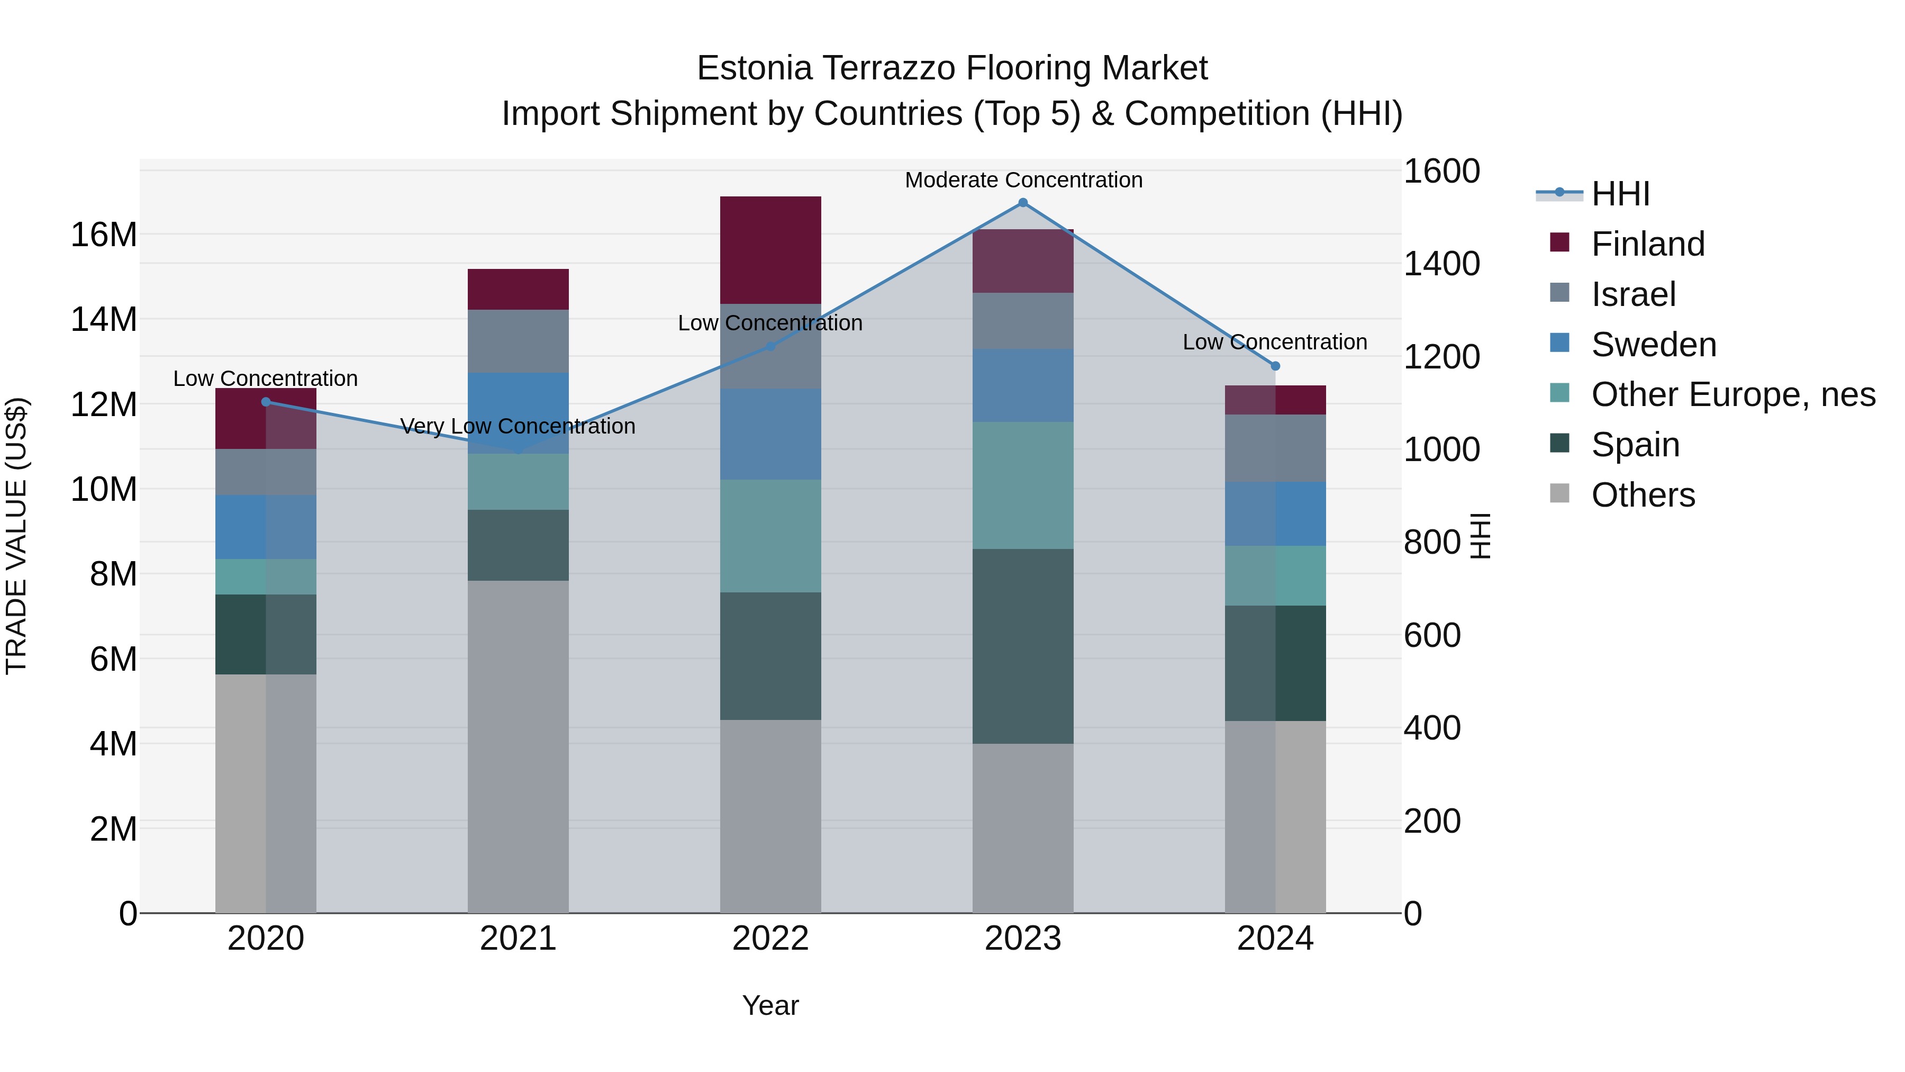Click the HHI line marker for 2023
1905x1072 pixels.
(x=1023, y=203)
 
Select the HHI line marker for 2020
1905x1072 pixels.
(x=266, y=402)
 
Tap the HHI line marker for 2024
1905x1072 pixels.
(x=1275, y=366)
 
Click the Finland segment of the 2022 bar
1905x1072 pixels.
(x=770, y=250)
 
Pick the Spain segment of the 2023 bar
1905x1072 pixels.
(x=1023, y=646)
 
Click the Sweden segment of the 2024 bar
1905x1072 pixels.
(x=1275, y=514)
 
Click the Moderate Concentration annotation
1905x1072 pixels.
(x=1023, y=180)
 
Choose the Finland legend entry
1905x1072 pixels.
(x=1648, y=244)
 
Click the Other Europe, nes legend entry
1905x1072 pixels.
(x=1732, y=394)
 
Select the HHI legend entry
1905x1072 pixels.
(x=1620, y=194)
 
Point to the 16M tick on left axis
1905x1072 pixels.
(x=104, y=235)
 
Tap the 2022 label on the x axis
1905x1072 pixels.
(x=770, y=939)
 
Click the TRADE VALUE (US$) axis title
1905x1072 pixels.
(x=16, y=536)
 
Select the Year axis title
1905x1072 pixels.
(x=770, y=1005)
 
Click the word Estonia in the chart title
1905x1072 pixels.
(x=754, y=68)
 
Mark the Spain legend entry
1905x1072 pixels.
(x=1635, y=445)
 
